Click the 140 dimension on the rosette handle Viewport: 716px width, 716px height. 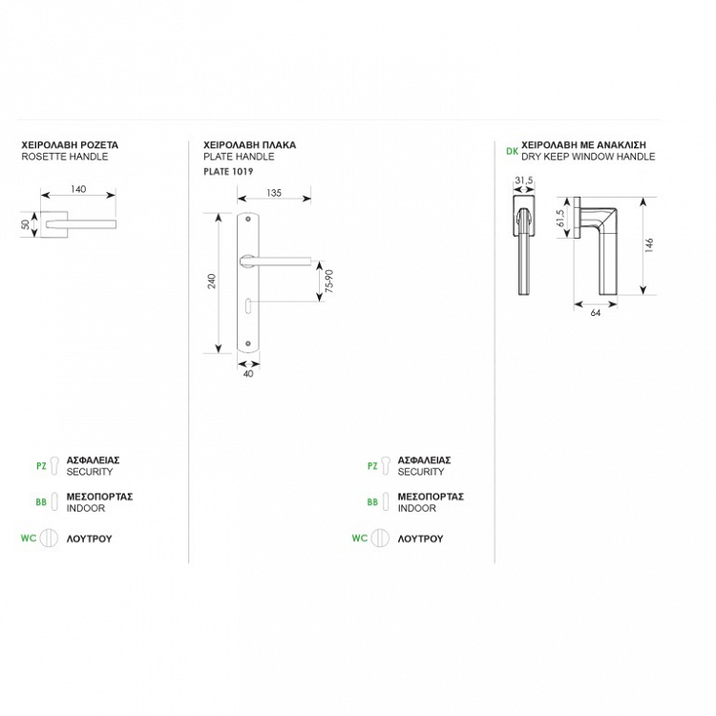point(78,189)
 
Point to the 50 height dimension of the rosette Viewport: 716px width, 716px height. point(26,224)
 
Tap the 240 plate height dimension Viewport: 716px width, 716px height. point(211,281)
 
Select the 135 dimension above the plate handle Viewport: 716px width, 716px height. point(274,193)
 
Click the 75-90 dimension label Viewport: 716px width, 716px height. point(329,281)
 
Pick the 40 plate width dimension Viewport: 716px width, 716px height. point(248,373)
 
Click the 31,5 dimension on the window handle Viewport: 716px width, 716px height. point(524,180)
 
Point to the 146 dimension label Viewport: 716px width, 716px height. point(649,244)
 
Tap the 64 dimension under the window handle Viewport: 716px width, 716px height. point(596,313)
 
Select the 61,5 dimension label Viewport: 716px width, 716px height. point(560,219)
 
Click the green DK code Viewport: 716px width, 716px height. point(512,151)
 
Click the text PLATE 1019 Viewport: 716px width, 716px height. point(228,172)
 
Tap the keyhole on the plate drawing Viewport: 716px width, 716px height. point(247,305)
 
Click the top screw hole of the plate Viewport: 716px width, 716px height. point(248,220)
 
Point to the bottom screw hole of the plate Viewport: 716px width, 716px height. point(248,344)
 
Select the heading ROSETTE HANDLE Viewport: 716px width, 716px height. point(65,157)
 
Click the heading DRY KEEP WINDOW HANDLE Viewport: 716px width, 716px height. point(588,157)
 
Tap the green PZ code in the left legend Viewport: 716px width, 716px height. point(41,466)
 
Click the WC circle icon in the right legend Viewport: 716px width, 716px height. point(379,537)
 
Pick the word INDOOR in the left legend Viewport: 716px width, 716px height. point(86,508)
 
